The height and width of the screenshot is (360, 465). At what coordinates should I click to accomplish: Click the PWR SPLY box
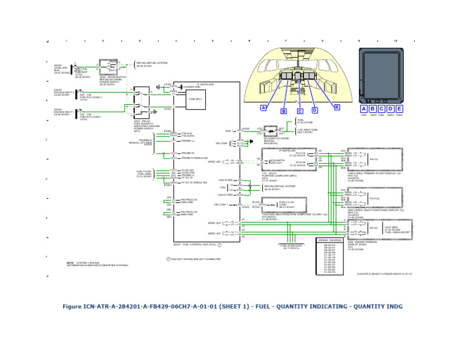195,99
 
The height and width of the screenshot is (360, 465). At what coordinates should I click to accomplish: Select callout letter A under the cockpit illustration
263,107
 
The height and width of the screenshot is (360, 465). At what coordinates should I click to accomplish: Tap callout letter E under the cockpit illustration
337,107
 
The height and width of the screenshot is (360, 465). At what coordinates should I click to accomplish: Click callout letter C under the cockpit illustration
300,112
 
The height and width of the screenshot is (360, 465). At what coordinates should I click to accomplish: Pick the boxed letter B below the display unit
372,108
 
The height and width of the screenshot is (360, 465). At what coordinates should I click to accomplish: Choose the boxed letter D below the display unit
391,108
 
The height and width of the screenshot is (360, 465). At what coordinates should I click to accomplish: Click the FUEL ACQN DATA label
290,247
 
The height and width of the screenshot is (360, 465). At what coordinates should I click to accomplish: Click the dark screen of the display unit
381,75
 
